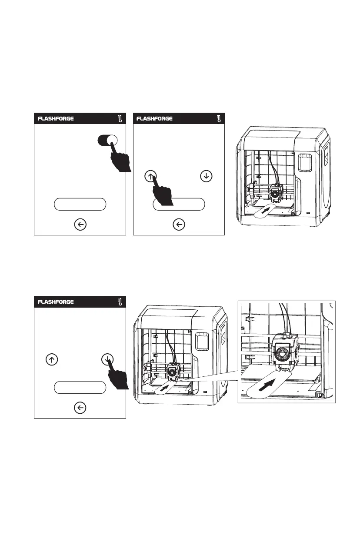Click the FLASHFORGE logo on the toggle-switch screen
(55, 119)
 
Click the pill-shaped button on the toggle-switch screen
(80, 204)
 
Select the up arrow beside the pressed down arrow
(52, 360)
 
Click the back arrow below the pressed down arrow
(80, 408)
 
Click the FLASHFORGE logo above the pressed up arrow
(154, 119)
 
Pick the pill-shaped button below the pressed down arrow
(80, 387)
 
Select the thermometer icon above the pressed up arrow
(219, 119)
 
